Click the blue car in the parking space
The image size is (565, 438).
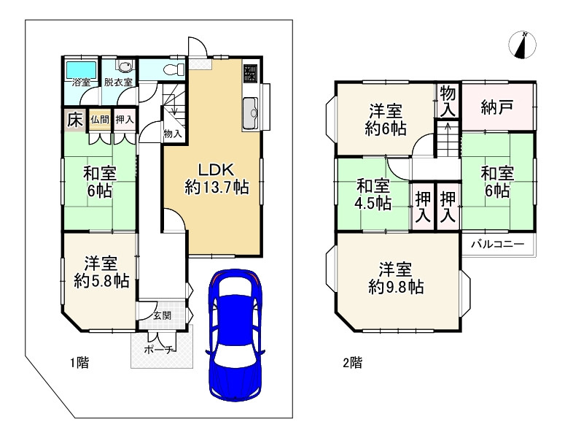click(x=235, y=334)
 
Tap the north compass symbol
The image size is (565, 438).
click(x=522, y=45)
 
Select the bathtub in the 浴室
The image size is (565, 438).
click(x=81, y=69)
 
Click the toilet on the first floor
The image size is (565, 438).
click(x=174, y=69)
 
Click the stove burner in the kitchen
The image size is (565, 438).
click(x=250, y=72)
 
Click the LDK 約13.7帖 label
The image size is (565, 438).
click(x=217, y=178)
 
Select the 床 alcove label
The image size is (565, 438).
click(x=74, y=120)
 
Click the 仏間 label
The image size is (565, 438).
click(x=100, y=119)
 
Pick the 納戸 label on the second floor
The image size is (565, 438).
click(x=496, y=107)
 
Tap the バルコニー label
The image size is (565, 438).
click(x=498, y=245)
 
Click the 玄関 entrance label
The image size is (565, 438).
click(x=162, y=315)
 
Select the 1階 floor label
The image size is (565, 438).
click(x=79, y=363)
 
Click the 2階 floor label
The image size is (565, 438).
click(x=352, y=363)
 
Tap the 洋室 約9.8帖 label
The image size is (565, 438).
click(x=396, y=278)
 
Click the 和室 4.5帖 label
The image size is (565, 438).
click(x=373, y=195)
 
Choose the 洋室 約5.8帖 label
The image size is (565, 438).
click(x=101, y=272)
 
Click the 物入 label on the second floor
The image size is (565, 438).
click(x=448, y=101)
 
